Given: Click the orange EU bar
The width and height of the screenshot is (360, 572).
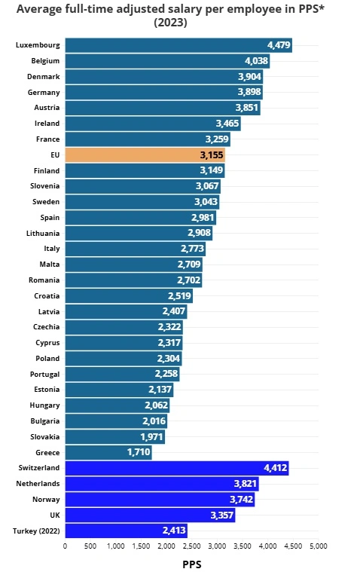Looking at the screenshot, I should click(x=145, y=154).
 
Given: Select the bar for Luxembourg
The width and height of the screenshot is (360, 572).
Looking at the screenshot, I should click(x=178, y=45).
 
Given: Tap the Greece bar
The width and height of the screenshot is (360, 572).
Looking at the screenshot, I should click(x=108, y=452).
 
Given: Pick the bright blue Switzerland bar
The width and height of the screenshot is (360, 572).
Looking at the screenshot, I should click(x=176, y=468).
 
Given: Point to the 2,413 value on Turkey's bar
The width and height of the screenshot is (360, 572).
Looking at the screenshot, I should click(x=174, y=531).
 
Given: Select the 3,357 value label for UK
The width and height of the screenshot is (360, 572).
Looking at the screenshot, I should click(x=221, y=515).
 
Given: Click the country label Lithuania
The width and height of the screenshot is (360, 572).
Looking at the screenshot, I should click(x=43, y=233).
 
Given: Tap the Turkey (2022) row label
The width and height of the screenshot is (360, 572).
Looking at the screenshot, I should click(x=36, y=531).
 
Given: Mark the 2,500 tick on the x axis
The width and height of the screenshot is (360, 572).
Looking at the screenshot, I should click(x=192, y=546).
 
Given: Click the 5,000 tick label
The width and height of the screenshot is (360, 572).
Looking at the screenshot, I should click(x=318, y=546).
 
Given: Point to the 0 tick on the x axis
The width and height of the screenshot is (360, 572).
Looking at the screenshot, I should click(x=65, y=546).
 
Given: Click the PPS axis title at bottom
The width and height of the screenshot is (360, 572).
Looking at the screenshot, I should click(x=191, y=563).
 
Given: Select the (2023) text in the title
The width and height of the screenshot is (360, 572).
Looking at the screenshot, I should click(x=179, y=23).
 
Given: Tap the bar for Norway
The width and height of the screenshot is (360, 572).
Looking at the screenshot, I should click(x=160, y=500).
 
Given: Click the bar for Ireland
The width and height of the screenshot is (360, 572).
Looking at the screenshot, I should click(x=152, y=124).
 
